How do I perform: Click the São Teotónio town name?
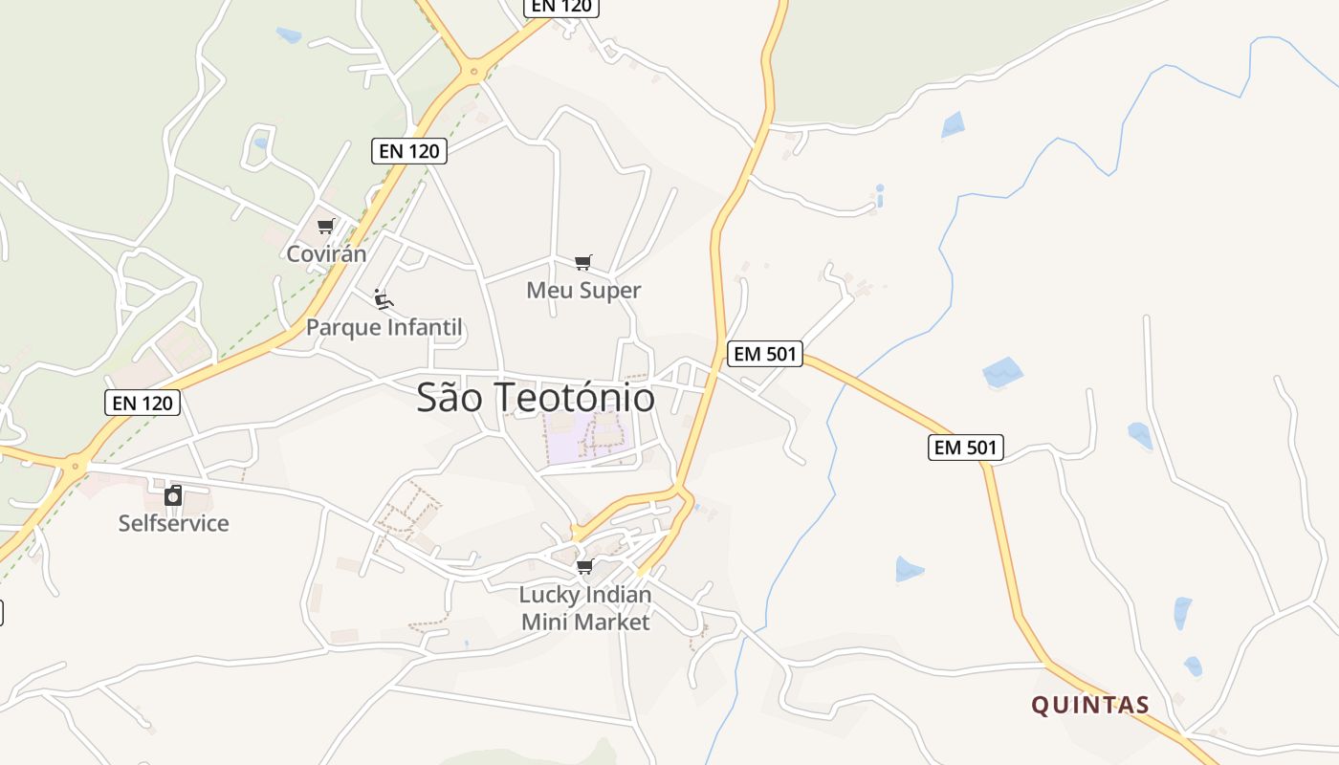tap(536, 398)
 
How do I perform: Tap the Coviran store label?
tap(326, 254)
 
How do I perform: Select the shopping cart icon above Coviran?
tap(326, 227)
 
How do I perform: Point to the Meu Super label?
tap(583, 290)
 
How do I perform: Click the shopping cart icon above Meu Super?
tap(583, 262)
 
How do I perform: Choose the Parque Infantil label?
tap(384, 327)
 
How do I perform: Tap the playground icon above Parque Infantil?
tap(384, 300)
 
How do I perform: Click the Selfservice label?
tap(173, 523)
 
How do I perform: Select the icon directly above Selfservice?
tap(173, 495)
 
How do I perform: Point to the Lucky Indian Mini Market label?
tap(584, 608)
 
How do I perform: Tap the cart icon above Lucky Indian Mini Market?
tap(584, 567)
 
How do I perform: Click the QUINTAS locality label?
tap(1090, 706)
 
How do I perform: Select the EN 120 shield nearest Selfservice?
tap(143, 403)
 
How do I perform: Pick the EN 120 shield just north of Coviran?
tap(409, 151)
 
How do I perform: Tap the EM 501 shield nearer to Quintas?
tap(965, 447)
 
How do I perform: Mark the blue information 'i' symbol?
tap(880, 196)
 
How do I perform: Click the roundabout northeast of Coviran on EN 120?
tap(472, 70)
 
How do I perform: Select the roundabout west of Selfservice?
tap(74, 466)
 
